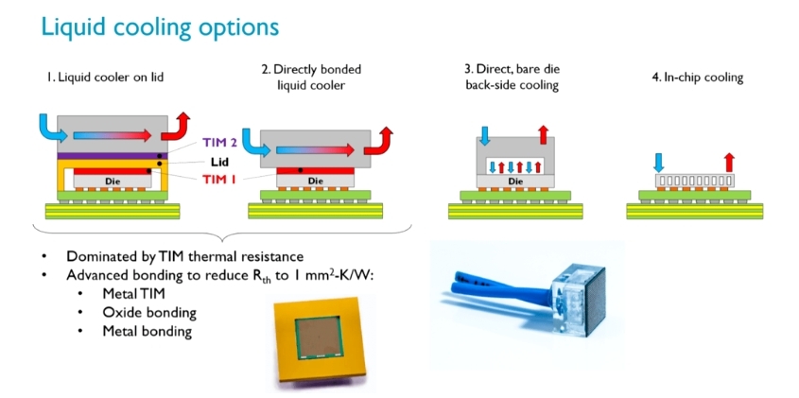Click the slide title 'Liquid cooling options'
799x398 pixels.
coord(161,26)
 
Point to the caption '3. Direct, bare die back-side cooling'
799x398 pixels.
coord(512,78)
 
